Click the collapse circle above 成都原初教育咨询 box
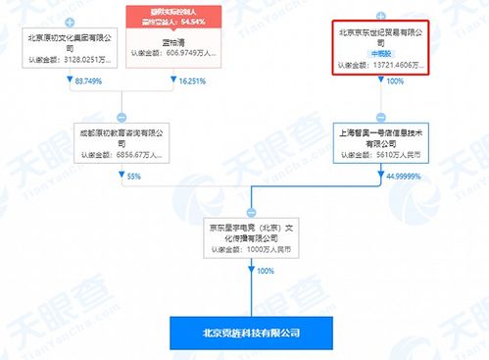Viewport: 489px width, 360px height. coord(122,116)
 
